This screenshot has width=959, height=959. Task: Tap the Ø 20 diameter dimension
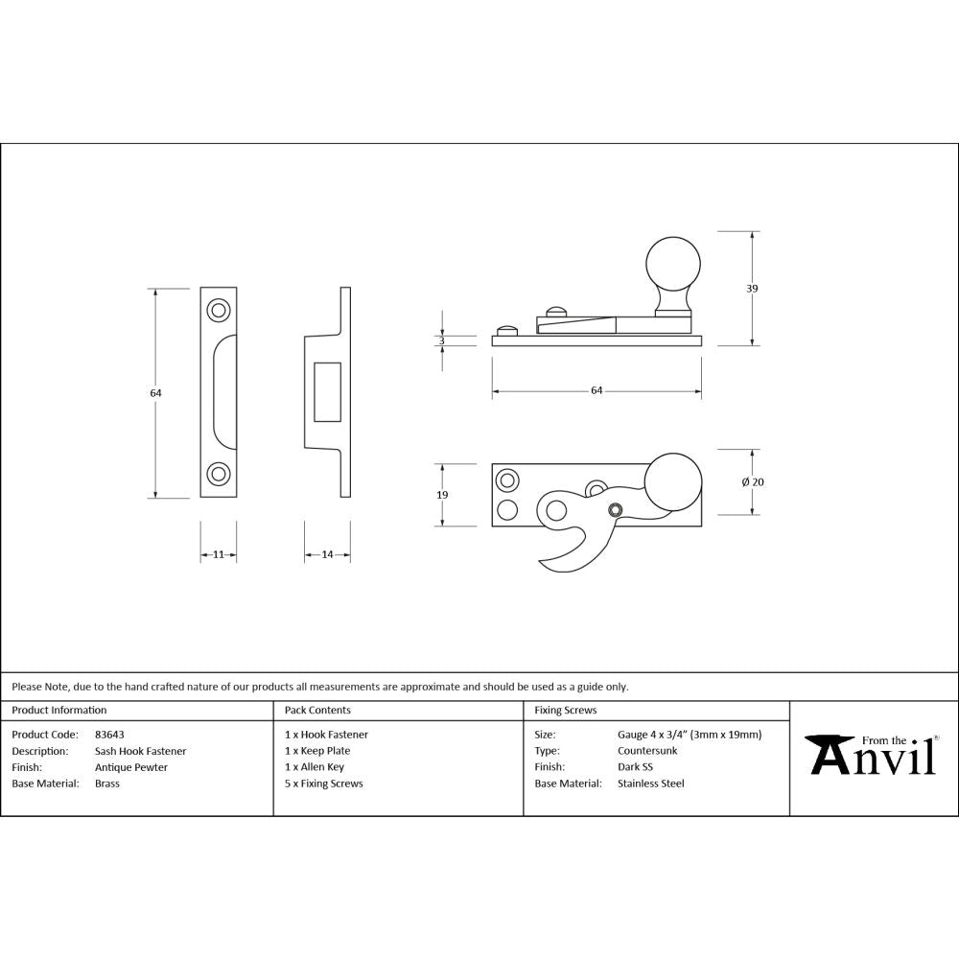(x=753, y=481)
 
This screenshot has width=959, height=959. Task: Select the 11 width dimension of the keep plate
(x=219, y=555)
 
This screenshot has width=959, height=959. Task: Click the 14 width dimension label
(x=327, y=555)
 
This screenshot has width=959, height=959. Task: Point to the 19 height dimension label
(x=441, y=495)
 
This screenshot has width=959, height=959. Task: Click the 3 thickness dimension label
(x=441, y=340)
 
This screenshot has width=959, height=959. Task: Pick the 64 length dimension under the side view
(x=596, y=390)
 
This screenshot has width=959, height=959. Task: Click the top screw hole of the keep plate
(x=219, y=310)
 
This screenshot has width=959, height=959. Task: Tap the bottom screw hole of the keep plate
(x=219, y=474)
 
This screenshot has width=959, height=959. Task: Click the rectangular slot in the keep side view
(x=327, y=391)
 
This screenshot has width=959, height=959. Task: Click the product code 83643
(x=110, y=735)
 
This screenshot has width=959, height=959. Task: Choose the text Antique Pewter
(x=131, y=767)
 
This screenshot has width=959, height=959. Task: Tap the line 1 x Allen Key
(x=315, y=767)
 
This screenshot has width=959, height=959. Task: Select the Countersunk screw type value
(x=647, y=751)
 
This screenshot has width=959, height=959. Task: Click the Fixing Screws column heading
(x=566, y=711)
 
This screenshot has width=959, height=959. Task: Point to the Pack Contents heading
(x=318, y=711)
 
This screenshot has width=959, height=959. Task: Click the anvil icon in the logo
(x=827, y=755)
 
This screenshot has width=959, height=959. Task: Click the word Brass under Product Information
(x=107, y=784)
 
